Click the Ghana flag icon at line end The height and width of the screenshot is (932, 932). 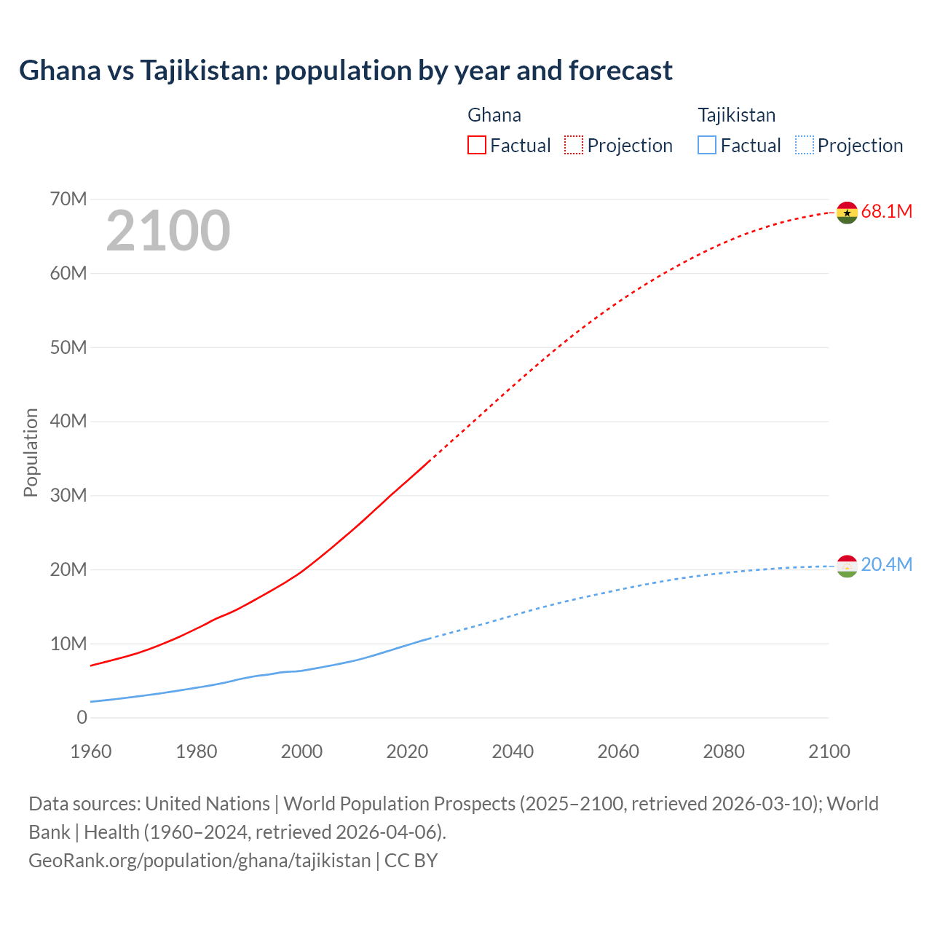click(847, 213)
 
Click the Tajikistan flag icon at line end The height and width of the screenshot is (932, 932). click(847, 566)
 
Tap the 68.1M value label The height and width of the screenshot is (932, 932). click(886, 211)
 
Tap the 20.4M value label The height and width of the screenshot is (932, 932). click(886, 565)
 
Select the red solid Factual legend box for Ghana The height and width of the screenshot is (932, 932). click(476, 146)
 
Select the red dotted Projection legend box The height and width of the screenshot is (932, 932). click(574, 146)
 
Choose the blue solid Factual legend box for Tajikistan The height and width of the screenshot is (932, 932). click(707, 146)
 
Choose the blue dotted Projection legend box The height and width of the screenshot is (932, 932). click(805, 146)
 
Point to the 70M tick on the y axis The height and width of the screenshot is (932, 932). click(68, 199)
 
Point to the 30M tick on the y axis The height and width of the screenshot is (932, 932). click(68, 495)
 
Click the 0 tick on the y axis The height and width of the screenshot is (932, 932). click(82, 717)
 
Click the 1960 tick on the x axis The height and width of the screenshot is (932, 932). click(91, 751)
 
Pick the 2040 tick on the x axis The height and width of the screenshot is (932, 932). click(513, 751)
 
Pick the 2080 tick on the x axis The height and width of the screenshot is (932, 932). click(724, 751)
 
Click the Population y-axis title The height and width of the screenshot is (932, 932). click(31, 452)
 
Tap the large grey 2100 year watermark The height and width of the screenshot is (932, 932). click(168, 231)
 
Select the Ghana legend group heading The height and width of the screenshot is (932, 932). click(494, 115)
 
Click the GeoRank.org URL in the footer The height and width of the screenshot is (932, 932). click(200, 861)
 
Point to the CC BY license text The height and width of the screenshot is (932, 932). click(411, 861)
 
